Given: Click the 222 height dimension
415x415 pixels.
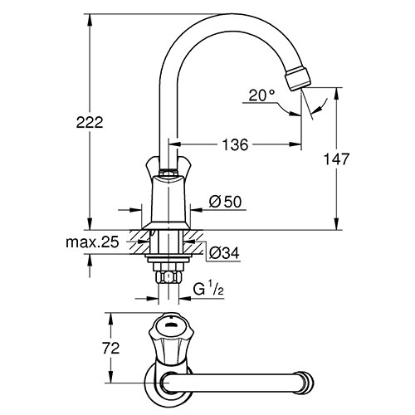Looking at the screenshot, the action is click(90, 122).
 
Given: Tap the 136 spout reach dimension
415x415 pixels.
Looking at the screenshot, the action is click(236, 144).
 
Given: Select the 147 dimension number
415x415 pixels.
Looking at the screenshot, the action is click(336, 159).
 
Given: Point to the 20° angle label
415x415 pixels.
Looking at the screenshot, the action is click(261, 95).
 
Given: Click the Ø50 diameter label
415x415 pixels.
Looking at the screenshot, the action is click(225, 202).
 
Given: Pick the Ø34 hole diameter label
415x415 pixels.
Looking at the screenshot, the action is click(224, 253).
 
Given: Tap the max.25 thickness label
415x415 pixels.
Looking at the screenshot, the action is click(92, 242).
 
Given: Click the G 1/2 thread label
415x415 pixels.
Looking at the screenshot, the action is click(208, 290).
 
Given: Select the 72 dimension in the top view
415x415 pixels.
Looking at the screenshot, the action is click(111, 348).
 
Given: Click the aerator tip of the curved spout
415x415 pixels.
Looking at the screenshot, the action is click(298, 79).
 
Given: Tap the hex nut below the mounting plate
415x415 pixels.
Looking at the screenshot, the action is click(168, 276).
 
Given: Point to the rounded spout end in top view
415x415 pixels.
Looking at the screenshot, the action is click(307, 383).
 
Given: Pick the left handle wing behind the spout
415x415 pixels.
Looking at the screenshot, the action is click(153, 166).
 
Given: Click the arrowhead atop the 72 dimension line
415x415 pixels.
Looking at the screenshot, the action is click(111, 319).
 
